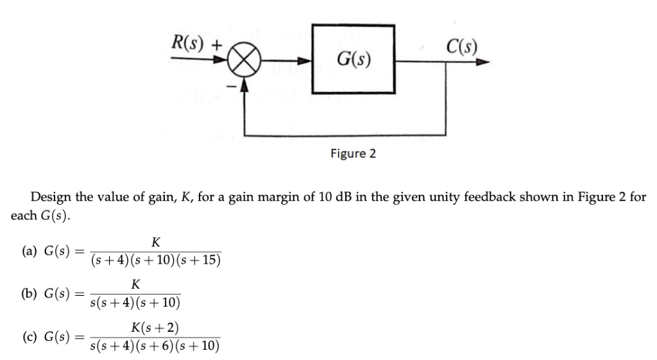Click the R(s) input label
point(187,45)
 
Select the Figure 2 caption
point(353,154)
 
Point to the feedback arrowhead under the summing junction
point(244,86)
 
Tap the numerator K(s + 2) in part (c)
point(155,329)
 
